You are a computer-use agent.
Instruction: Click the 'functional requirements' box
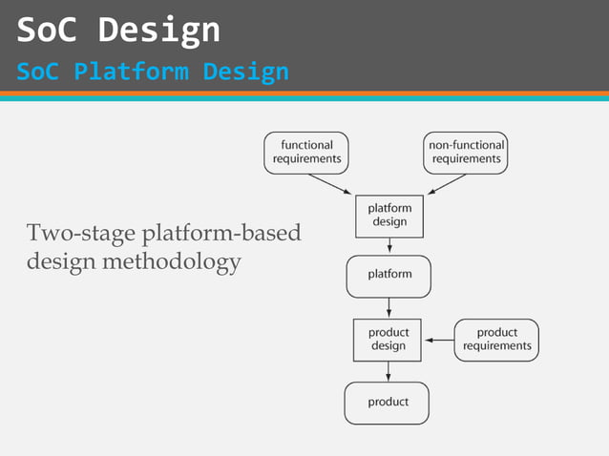pyautogui.click(x=306, y=153)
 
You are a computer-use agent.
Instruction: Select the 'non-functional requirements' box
pyautogui.click(x=466, y=153)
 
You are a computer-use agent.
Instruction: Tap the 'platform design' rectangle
pyautogui.click(x=388, y=216)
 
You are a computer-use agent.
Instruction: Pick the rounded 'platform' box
pyautogui.click(x=388, y=276)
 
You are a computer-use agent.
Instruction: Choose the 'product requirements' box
pyautogui.click(x=496, y=340)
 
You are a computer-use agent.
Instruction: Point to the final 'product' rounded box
pyautogui.click(x=387, y=403)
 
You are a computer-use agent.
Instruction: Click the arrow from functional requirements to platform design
pyautogui.click(x=330, y=184)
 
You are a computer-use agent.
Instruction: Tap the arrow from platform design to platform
pyautogui.click(x=389, y=245)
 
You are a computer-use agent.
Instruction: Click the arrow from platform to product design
pyautogui.click(x=389, y=307)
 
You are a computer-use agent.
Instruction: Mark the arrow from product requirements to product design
pyautogui.click(x=439, y=340)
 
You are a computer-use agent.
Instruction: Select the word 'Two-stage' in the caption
pyautogui.click(x=81, y=234)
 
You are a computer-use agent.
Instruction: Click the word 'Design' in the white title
pyautogui.click(x=158, y=31)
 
